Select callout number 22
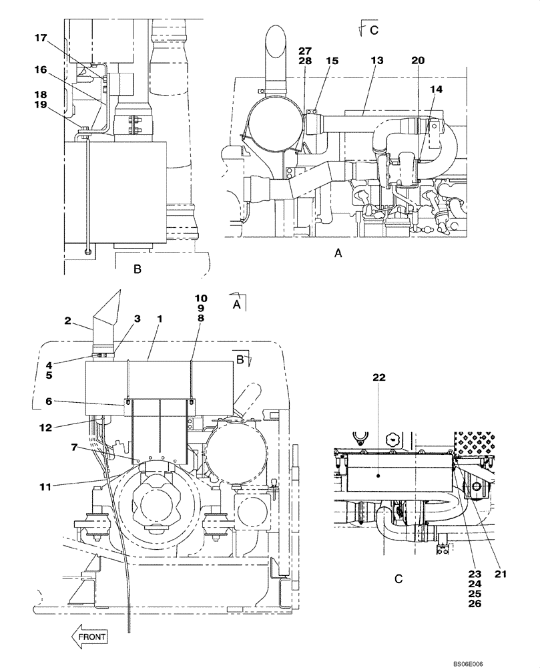[x=378, y=377]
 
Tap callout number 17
[x=41, y=39]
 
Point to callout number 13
[x=377, y=60]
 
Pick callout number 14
[x=436, y=89]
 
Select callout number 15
[x=332, y=60]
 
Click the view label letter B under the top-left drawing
[x=137, y=269]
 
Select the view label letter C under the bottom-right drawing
[x=398, y=580]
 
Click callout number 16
[x=41, y=69]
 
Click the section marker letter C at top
[x=374, y=29]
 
